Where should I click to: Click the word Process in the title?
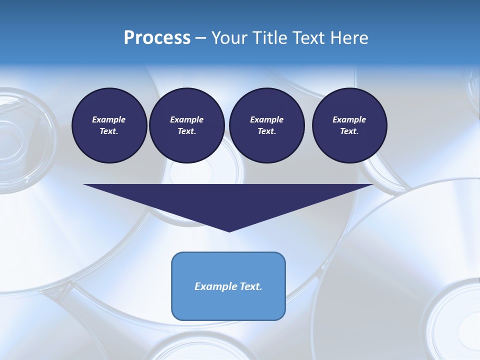(157, 38)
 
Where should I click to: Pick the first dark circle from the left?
(109, 125)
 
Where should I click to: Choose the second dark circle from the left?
(186, 125)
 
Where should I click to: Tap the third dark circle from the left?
(266, 125)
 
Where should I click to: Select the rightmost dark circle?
(349, 125)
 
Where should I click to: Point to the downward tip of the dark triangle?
(229, 230)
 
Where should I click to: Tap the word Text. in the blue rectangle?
(249, 286)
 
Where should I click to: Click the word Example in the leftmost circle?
(109, 119)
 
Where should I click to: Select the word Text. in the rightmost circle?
(349, 131)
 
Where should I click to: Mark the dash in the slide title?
(200, 38)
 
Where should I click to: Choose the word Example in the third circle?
(266, 119)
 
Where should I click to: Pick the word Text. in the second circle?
(186, 131)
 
